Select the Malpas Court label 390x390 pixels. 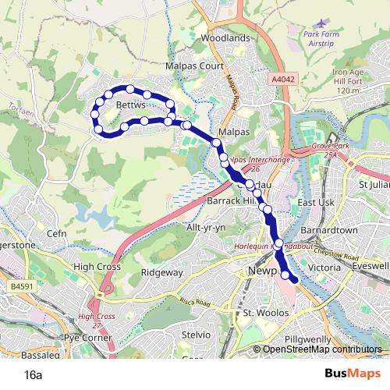coord(195,67)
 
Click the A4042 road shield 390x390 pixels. coord(283,80)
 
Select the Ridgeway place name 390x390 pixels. coord(162,273)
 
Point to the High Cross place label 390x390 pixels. coord(94,266)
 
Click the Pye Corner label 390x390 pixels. coord(87,339)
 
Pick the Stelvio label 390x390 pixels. coord(197,334)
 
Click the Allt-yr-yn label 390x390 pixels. coord(205,226)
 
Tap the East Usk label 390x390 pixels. coord(316,203)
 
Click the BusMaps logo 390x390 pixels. coord(348,374)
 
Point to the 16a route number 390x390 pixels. coord(33,374)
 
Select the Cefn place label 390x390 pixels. coord(57,233)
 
